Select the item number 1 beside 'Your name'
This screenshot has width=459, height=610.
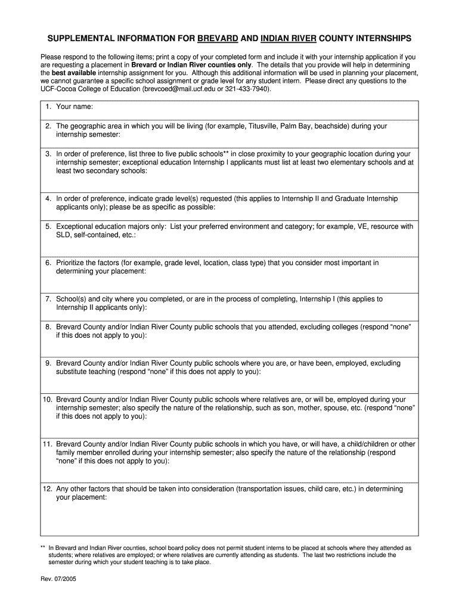48,107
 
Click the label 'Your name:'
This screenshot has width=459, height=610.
75,107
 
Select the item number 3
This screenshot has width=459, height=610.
48,154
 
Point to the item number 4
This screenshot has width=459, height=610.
48,198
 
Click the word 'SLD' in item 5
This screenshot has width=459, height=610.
63,235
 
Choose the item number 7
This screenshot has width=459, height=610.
48,299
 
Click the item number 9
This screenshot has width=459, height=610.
48,363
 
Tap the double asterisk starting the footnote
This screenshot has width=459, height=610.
43,547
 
